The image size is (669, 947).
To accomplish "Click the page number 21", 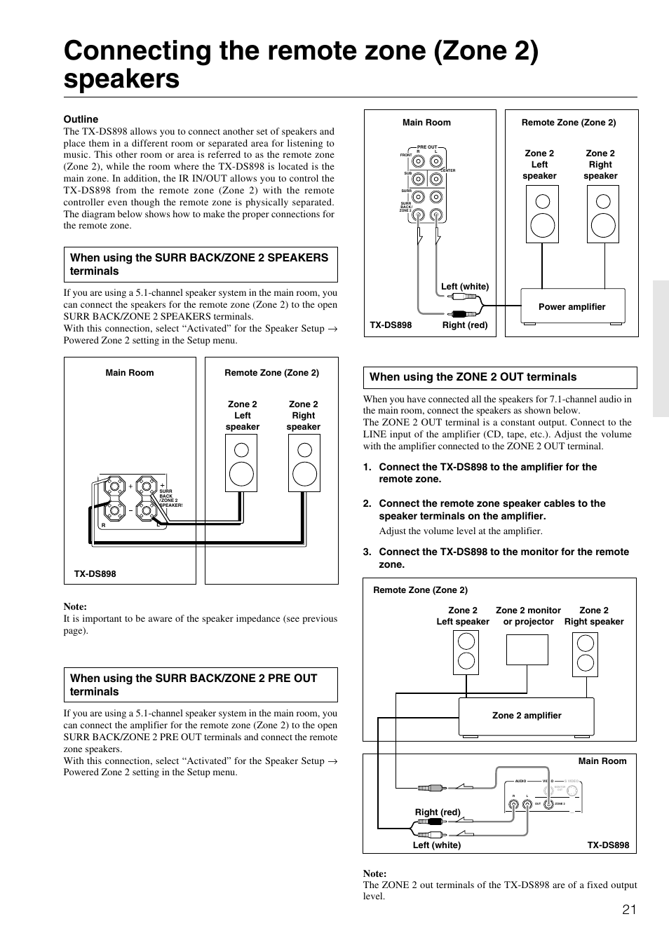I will click(x=628, y=909).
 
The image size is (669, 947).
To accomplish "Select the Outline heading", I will click(x=81, y=119).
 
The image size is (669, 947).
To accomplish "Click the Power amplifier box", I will click(x=572, y=306).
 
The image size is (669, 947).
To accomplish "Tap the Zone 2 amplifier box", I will click(x=527, y=716).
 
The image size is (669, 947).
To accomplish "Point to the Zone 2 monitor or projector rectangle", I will click(x=527, y=650).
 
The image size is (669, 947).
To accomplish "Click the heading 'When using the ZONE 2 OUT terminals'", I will click(x=473, y=377).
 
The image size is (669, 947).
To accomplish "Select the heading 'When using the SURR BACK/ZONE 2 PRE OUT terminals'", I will click(x=194, y=685).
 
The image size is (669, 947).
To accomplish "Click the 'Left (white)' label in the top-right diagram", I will click(x=464, y=286).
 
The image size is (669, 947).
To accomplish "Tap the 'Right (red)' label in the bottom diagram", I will click(x=438, y=812).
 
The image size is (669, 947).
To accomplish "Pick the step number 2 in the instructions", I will click(x=367, y=503).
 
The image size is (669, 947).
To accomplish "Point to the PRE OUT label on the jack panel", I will click(x=426, y=147).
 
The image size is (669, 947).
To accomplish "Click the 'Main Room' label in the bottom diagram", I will click(x=602, y=761).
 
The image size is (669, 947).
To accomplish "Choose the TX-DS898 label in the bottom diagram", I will click(x=608, y=845).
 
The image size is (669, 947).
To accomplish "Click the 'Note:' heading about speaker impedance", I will click(x=75, y=606).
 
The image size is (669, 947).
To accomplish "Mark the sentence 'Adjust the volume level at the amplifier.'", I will click(x=461, y=531).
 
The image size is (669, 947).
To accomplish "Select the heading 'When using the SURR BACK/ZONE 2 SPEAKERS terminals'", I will click(x=199, y=264).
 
